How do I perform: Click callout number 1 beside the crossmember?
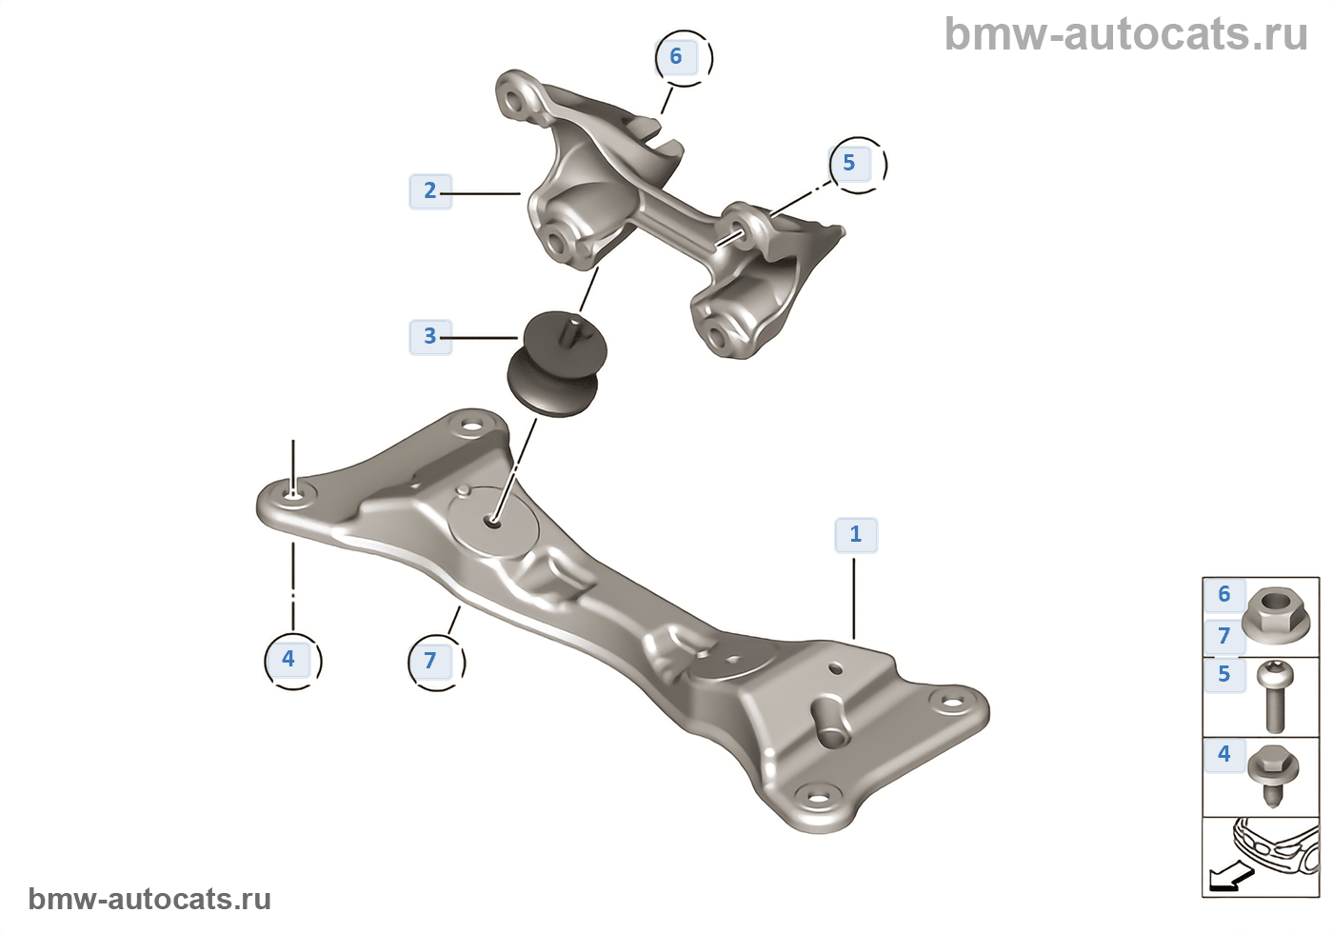855,534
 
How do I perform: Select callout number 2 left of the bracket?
429,190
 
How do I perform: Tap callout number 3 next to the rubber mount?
429,336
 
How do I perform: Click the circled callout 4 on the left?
288,659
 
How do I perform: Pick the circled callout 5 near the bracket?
849,163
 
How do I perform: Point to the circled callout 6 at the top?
676,56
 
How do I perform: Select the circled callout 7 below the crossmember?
430,660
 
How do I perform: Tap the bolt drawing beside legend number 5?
1274,696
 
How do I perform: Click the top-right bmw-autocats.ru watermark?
1125,34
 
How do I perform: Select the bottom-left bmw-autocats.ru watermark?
149,899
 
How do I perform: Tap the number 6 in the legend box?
1224,594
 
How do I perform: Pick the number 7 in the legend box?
1224,635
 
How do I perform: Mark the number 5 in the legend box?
1224,674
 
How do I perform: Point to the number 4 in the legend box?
1224,754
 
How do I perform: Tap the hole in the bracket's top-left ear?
515,100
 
